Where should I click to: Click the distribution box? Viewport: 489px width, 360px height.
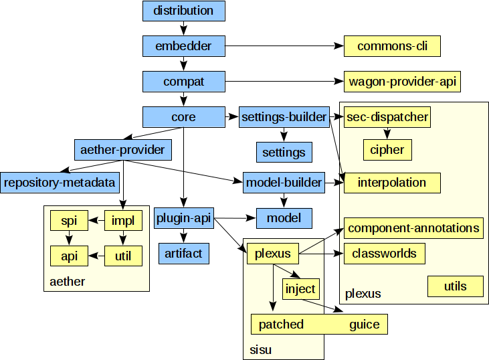183,11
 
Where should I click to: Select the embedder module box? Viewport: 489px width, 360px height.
183,46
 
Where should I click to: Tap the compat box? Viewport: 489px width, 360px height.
183,82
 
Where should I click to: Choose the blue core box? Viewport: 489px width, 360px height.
183,117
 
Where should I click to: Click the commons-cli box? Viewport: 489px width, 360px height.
392,46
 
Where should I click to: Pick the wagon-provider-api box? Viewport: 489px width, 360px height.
403,82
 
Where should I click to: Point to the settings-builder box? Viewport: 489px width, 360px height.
284,117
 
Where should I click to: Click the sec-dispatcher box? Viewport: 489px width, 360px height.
387,117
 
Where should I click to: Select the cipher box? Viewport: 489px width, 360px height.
387,150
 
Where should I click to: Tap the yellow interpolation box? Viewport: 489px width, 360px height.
391,183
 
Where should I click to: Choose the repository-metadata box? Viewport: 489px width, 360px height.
60,182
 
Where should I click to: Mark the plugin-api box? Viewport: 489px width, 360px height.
183,218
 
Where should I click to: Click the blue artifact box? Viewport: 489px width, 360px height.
183,254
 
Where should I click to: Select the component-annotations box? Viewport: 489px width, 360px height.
413,228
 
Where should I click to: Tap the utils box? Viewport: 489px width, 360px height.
456,286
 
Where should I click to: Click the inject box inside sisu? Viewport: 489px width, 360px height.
300,289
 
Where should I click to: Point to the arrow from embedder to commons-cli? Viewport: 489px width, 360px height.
281,46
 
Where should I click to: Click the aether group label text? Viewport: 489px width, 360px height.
68,282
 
